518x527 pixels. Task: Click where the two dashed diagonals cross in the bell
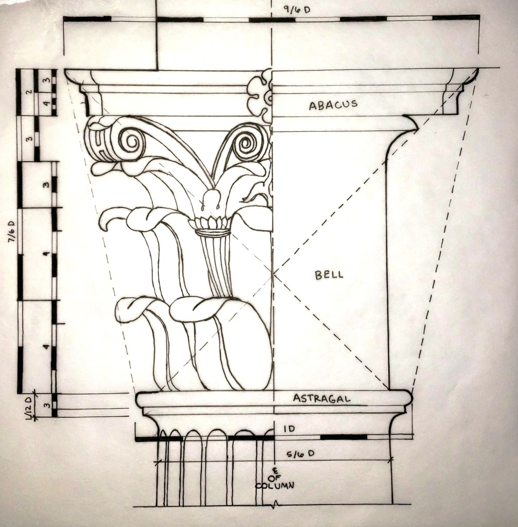(x=274, y=273)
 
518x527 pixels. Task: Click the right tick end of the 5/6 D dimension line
(x=392, y=459)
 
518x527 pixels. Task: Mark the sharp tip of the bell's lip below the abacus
(x=417, y=129)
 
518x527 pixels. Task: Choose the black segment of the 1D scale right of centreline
(x=343, y=437)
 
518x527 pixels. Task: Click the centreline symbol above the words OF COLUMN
(x=275, y=471)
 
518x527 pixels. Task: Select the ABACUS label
(x=333, y=105)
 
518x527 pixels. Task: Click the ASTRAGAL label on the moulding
(x=321, y=399)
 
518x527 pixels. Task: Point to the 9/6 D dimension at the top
(x=297, y=10)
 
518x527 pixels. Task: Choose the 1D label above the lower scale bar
(x=289, y=429)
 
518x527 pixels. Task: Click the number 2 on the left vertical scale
(x=29, y=91)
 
